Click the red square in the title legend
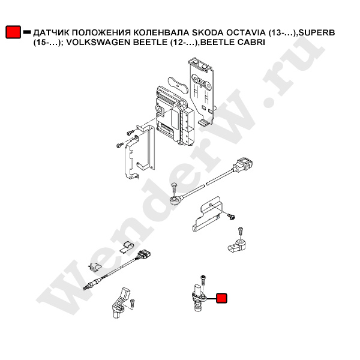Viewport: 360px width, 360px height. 13,32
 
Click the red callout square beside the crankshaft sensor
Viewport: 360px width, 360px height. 221,298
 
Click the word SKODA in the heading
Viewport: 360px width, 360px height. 208,33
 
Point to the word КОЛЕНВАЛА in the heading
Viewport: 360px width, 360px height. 161,33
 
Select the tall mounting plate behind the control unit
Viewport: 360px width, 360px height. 202,92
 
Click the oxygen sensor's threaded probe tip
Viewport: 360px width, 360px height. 86,287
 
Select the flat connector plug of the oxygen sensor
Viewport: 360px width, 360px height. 144,256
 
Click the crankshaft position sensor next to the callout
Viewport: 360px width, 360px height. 199,298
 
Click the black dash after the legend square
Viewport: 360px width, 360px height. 27,32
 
